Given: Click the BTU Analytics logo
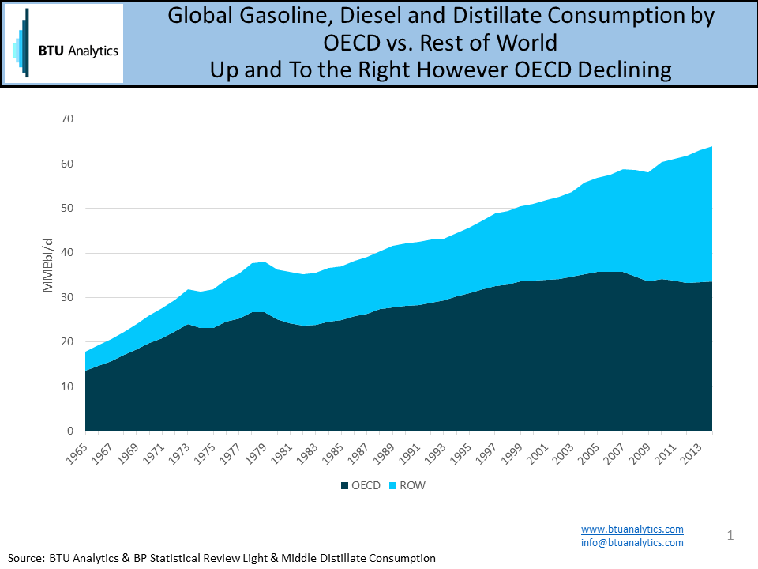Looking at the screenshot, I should [64, 43].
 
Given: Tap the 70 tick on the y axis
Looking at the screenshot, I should [68, 119].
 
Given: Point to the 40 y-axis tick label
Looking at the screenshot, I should [68, 253].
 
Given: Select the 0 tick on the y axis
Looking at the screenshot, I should [71, 431].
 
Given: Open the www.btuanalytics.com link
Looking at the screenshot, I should [632, 529].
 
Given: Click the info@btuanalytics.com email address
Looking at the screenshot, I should [632, 543].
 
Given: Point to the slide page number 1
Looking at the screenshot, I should [730, 537].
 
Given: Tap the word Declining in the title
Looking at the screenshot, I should [625, 70].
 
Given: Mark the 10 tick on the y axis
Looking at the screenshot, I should [68, 387].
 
